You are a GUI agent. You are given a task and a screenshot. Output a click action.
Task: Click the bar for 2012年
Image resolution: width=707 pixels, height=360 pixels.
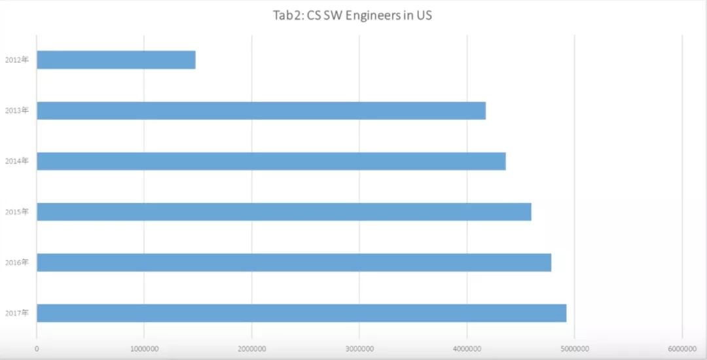pyautogui.click(x=116, y=60)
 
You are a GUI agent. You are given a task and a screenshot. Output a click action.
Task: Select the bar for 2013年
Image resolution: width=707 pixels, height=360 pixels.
pyautogui.click(x=261, y=111)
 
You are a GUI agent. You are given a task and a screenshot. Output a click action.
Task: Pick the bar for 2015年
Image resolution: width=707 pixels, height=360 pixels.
pyautogui.click(x=284, y=212)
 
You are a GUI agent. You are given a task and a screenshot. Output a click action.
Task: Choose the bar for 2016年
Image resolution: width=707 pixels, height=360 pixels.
pyautogui.click(x=294, y=262)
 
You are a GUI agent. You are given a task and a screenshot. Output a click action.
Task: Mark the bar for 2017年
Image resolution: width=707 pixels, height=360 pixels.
pyautogui.click(x=301, y=313)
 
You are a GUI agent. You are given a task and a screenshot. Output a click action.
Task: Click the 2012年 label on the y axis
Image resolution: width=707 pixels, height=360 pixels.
pyautogui.click(x=16, y=60)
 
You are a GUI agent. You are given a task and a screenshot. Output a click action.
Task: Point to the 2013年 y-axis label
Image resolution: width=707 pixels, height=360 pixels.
pyautogui.click(x=16, y=111)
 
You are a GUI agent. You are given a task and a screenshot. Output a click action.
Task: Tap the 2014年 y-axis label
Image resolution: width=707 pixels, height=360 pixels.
pyautogui.click(x=16, y=161)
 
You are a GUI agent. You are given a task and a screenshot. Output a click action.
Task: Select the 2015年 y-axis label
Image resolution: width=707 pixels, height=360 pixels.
pyautogui.click(x=16, y=212)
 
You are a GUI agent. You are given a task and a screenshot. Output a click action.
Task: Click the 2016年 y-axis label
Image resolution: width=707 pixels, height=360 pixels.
pyautogui.click(x=16, y=262)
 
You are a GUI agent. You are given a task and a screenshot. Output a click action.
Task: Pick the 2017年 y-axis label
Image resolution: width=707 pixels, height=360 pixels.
pyautogui.click(x=16, y=313)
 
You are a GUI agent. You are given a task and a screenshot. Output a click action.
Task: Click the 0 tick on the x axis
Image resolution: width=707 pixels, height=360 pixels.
pyautogui.click(x=37, y=348)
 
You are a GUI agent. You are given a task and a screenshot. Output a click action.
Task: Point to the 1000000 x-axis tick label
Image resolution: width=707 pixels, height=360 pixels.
pyautogui.click(x=144, y=348)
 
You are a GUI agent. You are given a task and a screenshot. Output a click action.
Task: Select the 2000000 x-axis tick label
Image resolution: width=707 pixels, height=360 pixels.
pyautogui.click(x=251, y=348)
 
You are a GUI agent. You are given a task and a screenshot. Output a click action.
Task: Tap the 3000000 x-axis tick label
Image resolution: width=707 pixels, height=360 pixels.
pyautogui.click(x=359, y=348)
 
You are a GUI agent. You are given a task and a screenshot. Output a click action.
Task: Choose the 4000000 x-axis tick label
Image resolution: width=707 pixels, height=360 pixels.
pyautogui.click(x=467, y=348)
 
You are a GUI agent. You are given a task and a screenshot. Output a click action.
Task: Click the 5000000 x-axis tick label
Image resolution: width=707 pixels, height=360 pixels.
pyautogui.click(x=574, y=348)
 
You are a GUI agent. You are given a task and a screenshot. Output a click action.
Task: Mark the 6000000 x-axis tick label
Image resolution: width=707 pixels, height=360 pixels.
pyautogui.click(x=681, y=348)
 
